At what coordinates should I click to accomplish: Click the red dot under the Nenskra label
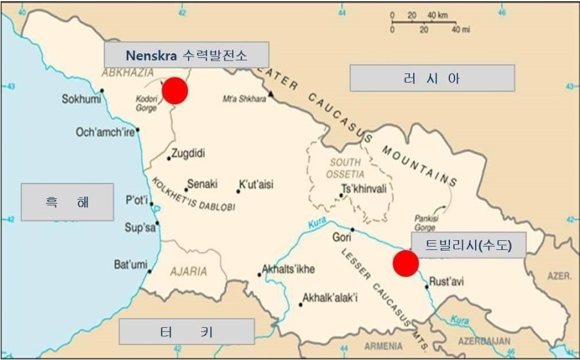click(175, 91)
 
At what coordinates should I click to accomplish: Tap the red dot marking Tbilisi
click(406, 263)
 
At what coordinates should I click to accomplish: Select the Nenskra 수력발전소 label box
click(187, 55)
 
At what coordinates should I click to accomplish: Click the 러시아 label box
click(432, 78)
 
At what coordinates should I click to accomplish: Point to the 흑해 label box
click(67, 202)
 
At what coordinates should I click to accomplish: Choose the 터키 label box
click(187, 332)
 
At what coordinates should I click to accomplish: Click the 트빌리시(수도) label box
click(468, 244)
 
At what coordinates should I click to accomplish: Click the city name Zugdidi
click(188, 153)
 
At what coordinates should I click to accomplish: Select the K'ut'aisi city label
click(256, 185)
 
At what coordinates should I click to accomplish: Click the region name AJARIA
click(189, 271)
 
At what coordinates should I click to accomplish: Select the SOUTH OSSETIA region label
click(346, 168)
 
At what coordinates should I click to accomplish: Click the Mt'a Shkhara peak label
click(244, 99)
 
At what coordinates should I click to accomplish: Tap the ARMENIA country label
click(384, 346)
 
